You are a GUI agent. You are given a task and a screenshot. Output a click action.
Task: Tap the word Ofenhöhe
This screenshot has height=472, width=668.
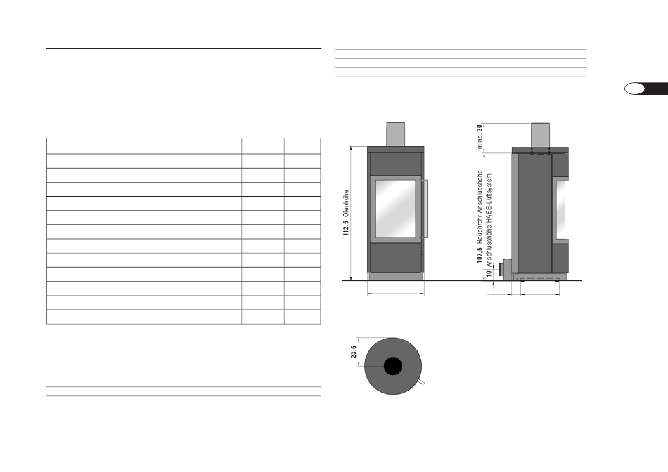point(346,204)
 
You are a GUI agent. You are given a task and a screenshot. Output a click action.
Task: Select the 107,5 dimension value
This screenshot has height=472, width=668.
point(480,255)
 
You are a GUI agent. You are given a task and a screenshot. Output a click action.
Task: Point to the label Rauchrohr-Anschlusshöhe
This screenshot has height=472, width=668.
point(480,207)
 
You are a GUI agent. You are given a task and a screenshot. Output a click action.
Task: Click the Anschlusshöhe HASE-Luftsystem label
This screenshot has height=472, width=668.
point(489,220)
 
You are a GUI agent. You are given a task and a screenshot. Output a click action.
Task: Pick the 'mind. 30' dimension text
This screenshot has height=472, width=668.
point(480,137)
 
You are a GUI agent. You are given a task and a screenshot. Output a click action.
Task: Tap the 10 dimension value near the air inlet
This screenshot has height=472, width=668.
point(489,273)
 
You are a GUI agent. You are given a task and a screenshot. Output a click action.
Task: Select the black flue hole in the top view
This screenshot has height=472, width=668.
point(393,366)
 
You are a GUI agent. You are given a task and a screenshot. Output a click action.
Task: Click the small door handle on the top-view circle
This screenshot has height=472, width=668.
point(421,382)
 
